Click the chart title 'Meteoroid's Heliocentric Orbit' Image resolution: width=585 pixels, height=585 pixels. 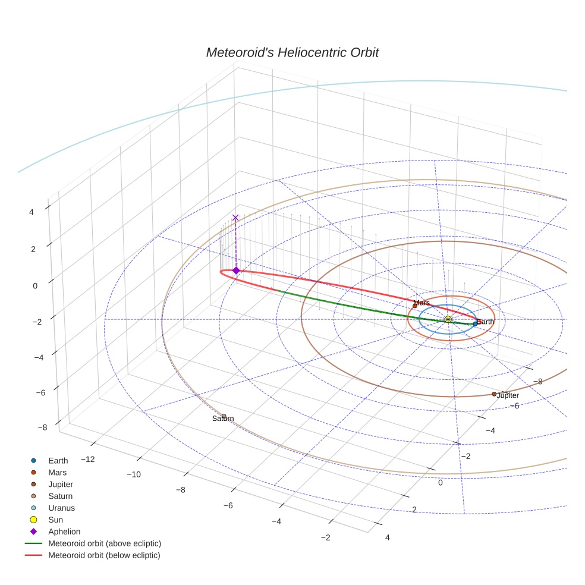point(292,53)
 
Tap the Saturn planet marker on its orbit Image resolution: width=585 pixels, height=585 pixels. point(224,416)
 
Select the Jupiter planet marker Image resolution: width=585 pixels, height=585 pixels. point(494,394)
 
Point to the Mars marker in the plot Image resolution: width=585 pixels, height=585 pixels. point(415,306)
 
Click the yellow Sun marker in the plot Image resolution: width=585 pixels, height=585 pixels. point(448,320)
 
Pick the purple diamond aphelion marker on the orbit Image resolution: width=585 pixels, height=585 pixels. point(236,271)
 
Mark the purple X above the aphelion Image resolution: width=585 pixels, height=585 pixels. point(235,218)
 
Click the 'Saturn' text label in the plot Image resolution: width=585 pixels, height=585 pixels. point(223,419)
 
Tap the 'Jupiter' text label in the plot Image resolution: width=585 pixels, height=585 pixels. point(508,396)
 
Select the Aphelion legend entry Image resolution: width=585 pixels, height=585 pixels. point(64,531)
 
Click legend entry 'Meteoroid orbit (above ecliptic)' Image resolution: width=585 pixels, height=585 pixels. point(105,543)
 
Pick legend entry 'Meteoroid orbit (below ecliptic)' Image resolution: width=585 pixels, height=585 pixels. point(104,555)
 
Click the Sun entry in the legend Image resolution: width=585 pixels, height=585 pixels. point(55,520)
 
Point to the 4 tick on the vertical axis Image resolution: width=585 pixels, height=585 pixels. point(31,211)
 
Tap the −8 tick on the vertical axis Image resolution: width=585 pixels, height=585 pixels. point(42,427)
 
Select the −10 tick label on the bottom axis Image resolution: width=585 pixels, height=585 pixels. point(133,474)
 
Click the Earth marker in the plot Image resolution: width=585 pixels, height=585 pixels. point(475,323)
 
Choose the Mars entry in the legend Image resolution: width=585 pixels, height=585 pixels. point(57,472)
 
